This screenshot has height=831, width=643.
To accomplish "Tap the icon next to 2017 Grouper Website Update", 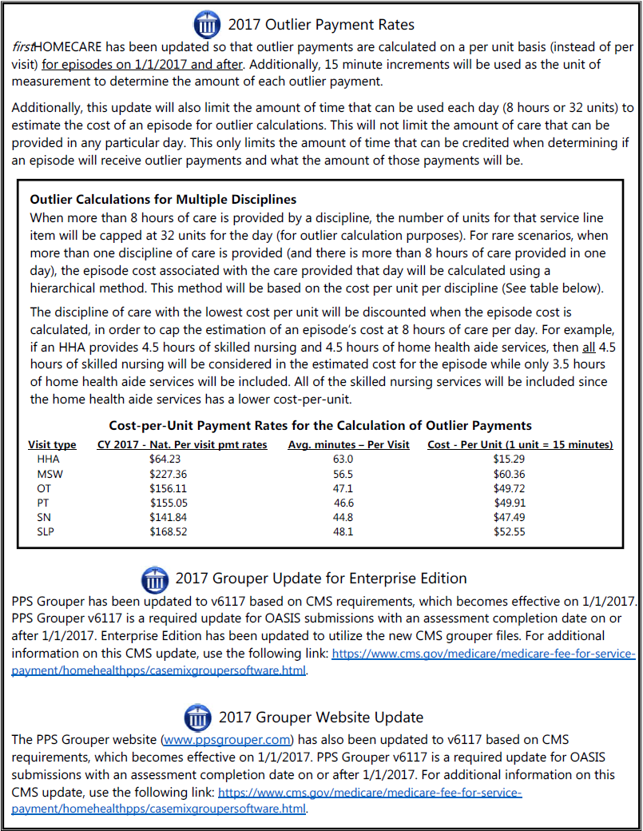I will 197,716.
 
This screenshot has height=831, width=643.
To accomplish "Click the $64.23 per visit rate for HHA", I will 165,459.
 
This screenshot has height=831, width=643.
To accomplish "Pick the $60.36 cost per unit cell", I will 510,474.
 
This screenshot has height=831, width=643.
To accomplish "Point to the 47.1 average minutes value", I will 343,488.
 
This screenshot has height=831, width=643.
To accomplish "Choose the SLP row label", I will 46,531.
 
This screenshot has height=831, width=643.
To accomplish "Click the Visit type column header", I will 52,444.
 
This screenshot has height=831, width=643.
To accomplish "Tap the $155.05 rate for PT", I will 165,503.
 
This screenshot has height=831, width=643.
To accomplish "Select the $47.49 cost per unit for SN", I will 510,517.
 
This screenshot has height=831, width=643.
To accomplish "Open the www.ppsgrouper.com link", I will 227,739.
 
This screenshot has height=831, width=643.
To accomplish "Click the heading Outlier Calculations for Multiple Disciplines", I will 163,199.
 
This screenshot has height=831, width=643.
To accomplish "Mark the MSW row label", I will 49,474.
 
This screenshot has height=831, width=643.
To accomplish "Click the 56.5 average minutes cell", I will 343,474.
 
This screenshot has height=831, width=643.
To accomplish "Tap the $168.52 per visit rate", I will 165,531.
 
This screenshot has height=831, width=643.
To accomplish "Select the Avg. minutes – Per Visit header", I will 348,444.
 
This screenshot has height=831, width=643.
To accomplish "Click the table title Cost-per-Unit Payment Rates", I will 320,426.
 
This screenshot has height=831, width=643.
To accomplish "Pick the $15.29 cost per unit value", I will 510,459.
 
